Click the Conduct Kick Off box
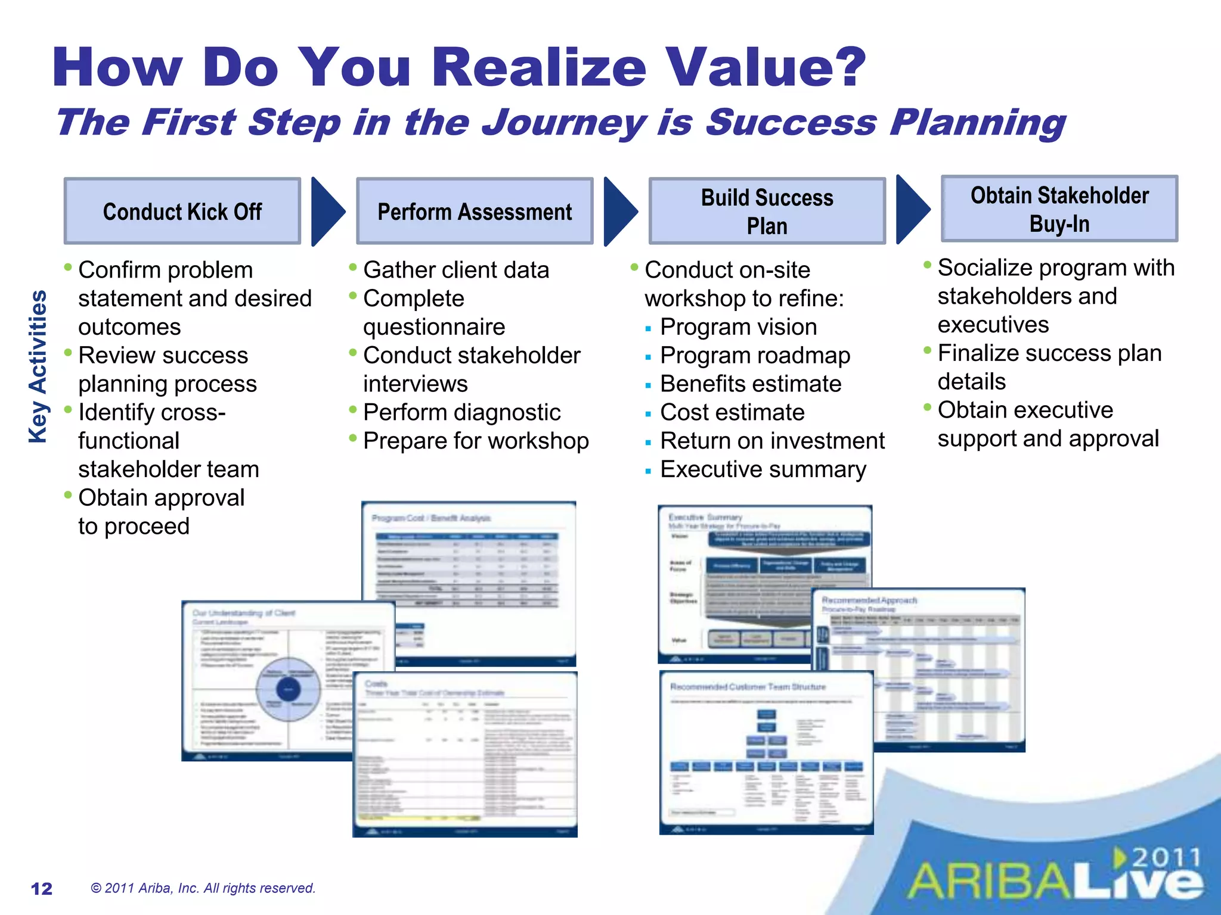point(182,211)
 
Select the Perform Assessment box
point(475,211)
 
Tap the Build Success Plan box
point(767,211)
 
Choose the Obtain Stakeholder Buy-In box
point(1059,209)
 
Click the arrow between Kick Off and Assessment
point(327,211)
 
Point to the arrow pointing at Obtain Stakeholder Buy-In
point(912,209)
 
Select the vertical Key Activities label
point(38,366)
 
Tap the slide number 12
point(41,888)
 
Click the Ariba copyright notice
point(203,888)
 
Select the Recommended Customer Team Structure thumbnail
point(766,754)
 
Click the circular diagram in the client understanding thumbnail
point(289,689)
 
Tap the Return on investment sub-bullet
point(772,441)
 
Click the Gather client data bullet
point(455,270)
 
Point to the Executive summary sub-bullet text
point(763,469)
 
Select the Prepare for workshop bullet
point(476,441)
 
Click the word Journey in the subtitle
point(563,123)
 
